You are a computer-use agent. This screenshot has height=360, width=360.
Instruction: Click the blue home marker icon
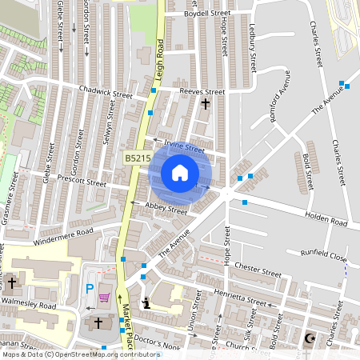(180, 173)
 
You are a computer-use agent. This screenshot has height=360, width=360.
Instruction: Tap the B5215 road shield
(138, 159)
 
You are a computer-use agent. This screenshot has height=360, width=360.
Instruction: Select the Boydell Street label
(206, 14)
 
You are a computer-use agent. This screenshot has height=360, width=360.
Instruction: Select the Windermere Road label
(65, 234)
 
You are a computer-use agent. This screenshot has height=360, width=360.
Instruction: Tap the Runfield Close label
(324, 258)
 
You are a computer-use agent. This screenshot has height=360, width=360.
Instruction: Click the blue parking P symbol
(90, 287)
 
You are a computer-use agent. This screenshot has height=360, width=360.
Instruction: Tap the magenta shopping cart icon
(104, 298)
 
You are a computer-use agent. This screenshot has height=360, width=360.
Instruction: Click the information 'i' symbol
(146, 302)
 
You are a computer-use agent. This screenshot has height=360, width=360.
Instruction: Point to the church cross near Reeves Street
(206, 104)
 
